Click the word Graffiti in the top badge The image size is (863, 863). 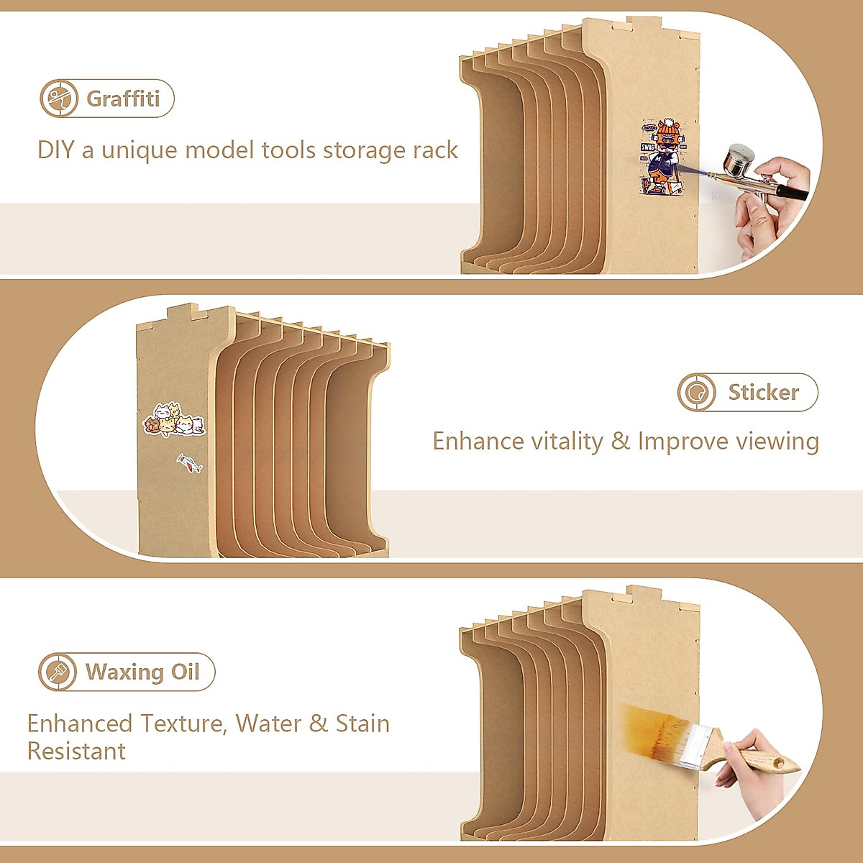(x=123, y=99)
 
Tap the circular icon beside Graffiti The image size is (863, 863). (x=58, y=99)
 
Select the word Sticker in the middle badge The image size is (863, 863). (x=763, y=392)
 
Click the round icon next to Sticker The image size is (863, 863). (x=696, y=393)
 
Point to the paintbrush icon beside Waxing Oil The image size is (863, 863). (x=57, y=672)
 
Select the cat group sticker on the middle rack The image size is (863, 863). (x=175, y=421)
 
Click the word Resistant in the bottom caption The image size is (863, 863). (x=76, y=752)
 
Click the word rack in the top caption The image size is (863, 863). (x=435, y=150)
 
